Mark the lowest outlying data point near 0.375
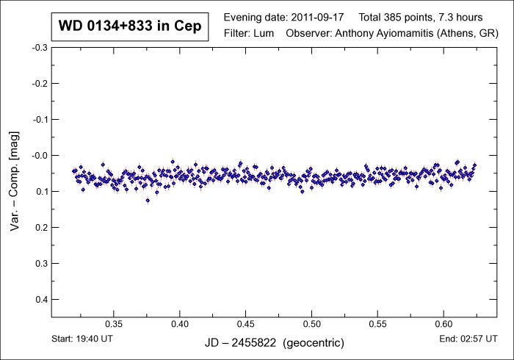(x=148, y=200)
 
